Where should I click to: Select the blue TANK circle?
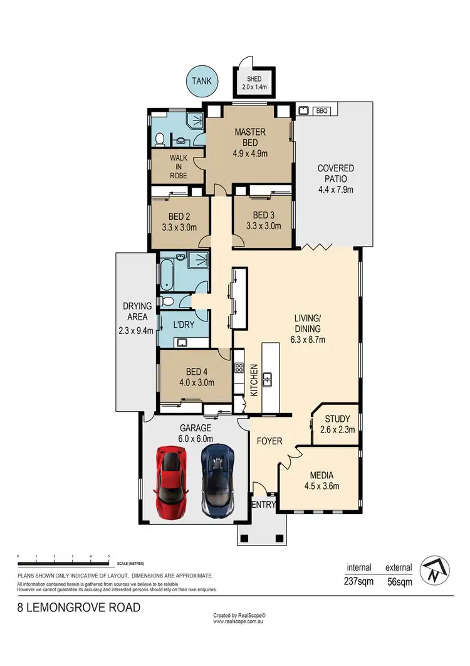click(x=202, y=80)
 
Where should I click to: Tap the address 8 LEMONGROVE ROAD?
click(x=78, y=607)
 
